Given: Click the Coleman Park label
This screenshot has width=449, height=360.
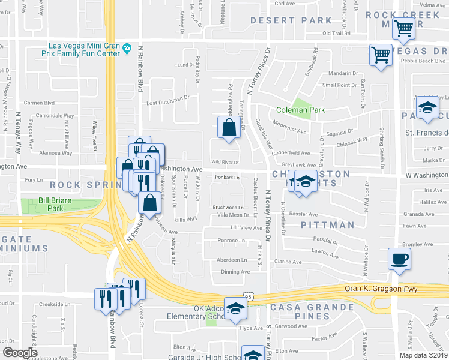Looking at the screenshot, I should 300,110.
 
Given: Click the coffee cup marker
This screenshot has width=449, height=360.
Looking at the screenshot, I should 400,260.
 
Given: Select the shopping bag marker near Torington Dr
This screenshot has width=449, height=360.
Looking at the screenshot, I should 229,128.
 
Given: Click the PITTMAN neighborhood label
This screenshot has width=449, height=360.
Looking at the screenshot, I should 327,225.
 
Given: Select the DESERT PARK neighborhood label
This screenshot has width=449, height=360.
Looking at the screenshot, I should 282,20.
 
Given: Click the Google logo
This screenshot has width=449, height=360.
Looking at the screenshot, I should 20,352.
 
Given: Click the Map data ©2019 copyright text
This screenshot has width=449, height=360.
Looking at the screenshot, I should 423,355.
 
